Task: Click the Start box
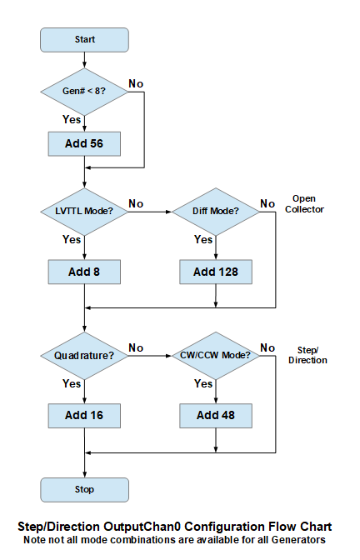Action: tap(84, 40)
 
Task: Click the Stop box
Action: tap(84, 490)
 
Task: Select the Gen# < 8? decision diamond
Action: tap(84, 92)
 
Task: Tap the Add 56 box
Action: tap(84, 144)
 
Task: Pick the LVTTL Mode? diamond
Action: tap(84, 212)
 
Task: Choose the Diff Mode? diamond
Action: tap(216, 212)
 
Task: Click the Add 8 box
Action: tap(84, 272)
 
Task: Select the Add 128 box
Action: tap(216, 272)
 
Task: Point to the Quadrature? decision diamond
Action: tap(84, 356)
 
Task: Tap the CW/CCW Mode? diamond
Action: tap(216, 356)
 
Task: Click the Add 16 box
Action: tap(84, 416)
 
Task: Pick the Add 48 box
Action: tap(216, 416)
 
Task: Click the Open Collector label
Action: tap(304, 204)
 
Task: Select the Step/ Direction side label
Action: tap(307, 355)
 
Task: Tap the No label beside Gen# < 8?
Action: tap(136, 83)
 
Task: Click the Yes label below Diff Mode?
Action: tap(203, 239)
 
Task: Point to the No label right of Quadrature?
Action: tap(136, 347)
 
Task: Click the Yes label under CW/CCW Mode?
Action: tap(203, 383)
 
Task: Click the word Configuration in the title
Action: tap(225, 527)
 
